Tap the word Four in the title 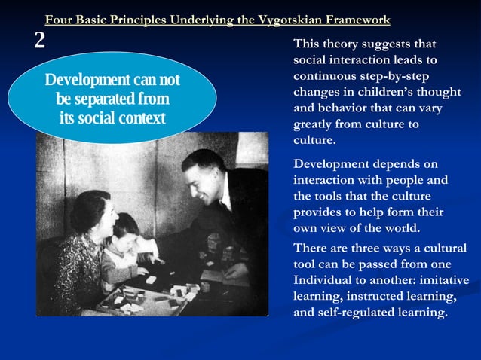(x=59, y=20)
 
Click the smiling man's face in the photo (x=199, y=174)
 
